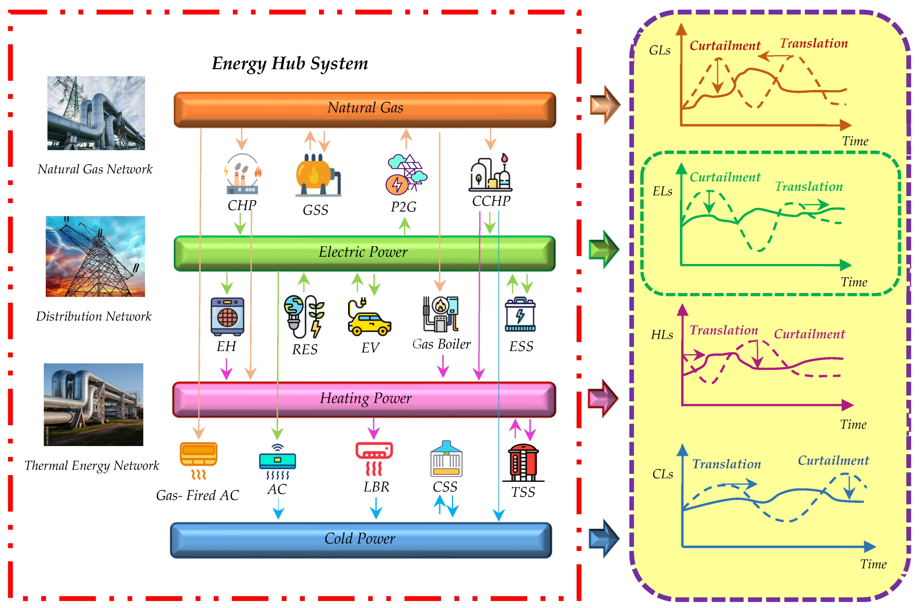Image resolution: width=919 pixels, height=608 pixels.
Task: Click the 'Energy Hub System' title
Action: pyautogui.click(x=290, y=63)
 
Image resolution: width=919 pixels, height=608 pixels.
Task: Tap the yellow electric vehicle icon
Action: pyautogui.click(x=369, y=318)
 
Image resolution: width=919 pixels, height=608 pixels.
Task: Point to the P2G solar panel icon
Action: pyautogui.click(x=406, y=175)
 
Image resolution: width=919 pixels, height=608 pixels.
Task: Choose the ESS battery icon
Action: pyautogui.click(x=520, y=314)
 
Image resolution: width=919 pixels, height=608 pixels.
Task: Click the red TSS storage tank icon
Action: pyautogui.click(x=523, y=463)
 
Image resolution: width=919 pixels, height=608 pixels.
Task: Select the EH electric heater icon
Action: pyautogui.click(x=227, y=316)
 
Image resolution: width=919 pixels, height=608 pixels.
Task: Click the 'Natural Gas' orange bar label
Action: pyautogui.click(x=365, y=108)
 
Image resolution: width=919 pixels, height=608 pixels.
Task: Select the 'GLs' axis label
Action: pyautogui.click(x=659, y=50)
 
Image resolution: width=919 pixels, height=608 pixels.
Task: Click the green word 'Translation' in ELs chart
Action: pyautogui.click(x=808, y=187)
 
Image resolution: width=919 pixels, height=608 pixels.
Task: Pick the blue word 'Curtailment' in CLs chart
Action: pyautogui.click(x=833, y=460)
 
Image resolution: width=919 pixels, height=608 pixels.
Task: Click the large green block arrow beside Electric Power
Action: pyautogui.click(x=603, y=249)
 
